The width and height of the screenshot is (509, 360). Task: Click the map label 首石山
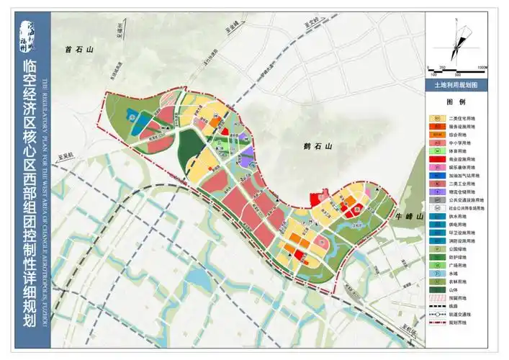click(x=79, y=50)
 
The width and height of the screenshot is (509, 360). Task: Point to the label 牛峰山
click(x=405, y=215)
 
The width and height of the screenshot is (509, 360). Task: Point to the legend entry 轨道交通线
click(x=461, y=314)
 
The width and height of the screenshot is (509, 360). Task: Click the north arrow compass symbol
click(x=458, y=39)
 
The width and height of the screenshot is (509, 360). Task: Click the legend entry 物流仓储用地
click(x=461, y=192)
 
